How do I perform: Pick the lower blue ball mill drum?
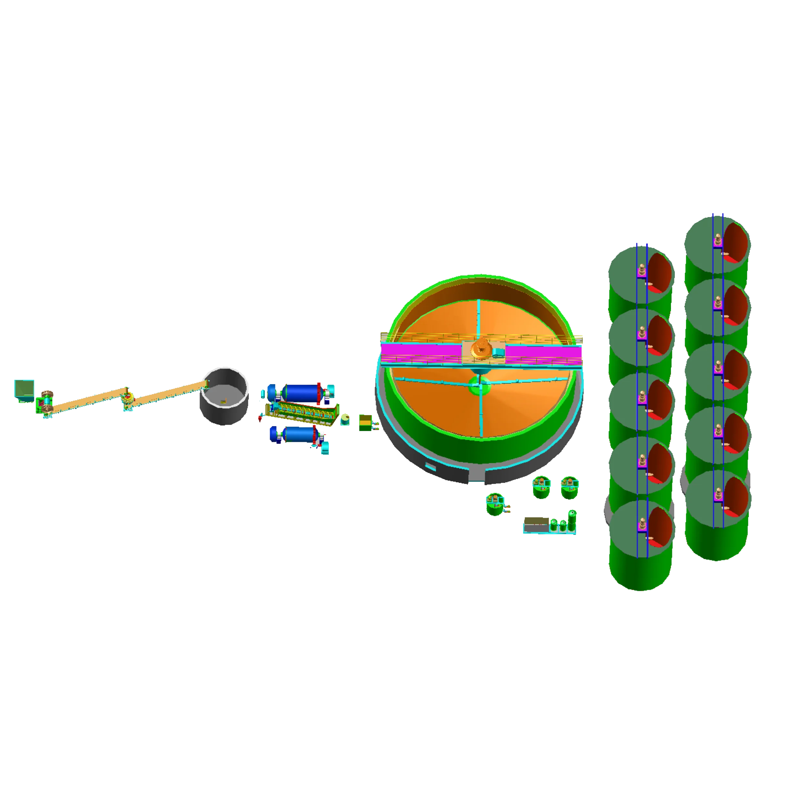(298, 434)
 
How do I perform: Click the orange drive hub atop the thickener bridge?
(479, 349)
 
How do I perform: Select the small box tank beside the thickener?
(365, 422)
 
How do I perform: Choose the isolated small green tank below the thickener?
(495, 504)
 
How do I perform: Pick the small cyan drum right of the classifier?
(346, 419)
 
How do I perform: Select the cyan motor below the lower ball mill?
(325, 449)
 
